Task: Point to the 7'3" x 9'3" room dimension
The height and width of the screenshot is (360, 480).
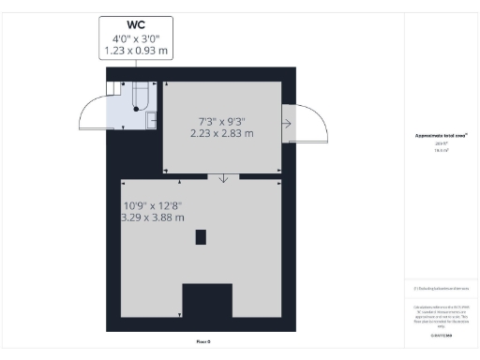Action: [x=221, y=122]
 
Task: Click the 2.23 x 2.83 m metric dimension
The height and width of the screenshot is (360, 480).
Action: [x=221, y=134]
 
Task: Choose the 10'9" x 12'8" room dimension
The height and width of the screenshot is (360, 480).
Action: [x=156, y=206]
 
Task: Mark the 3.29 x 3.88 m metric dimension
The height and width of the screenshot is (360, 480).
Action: [x=156, y=218]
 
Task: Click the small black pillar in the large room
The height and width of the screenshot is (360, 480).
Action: [x=201, y=237]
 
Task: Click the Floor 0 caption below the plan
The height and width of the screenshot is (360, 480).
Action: [x=202, y=341]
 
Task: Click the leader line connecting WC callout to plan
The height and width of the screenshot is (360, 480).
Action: [x=137, y=65]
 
